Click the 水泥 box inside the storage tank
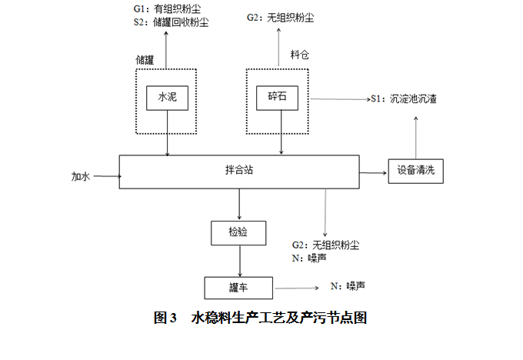[x=168, y=98]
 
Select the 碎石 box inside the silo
[x=277, y=98]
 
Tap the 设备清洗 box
[x=416, y=170]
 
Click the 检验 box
[x=238, y=232]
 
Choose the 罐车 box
[x=238, y=288]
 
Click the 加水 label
[x=81, y=177]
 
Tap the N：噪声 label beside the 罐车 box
[x=348, y=286]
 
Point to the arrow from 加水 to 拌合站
[x=106, y=177]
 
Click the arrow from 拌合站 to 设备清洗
[x=372, y=172]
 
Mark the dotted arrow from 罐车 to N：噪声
[x=297, y=288]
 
